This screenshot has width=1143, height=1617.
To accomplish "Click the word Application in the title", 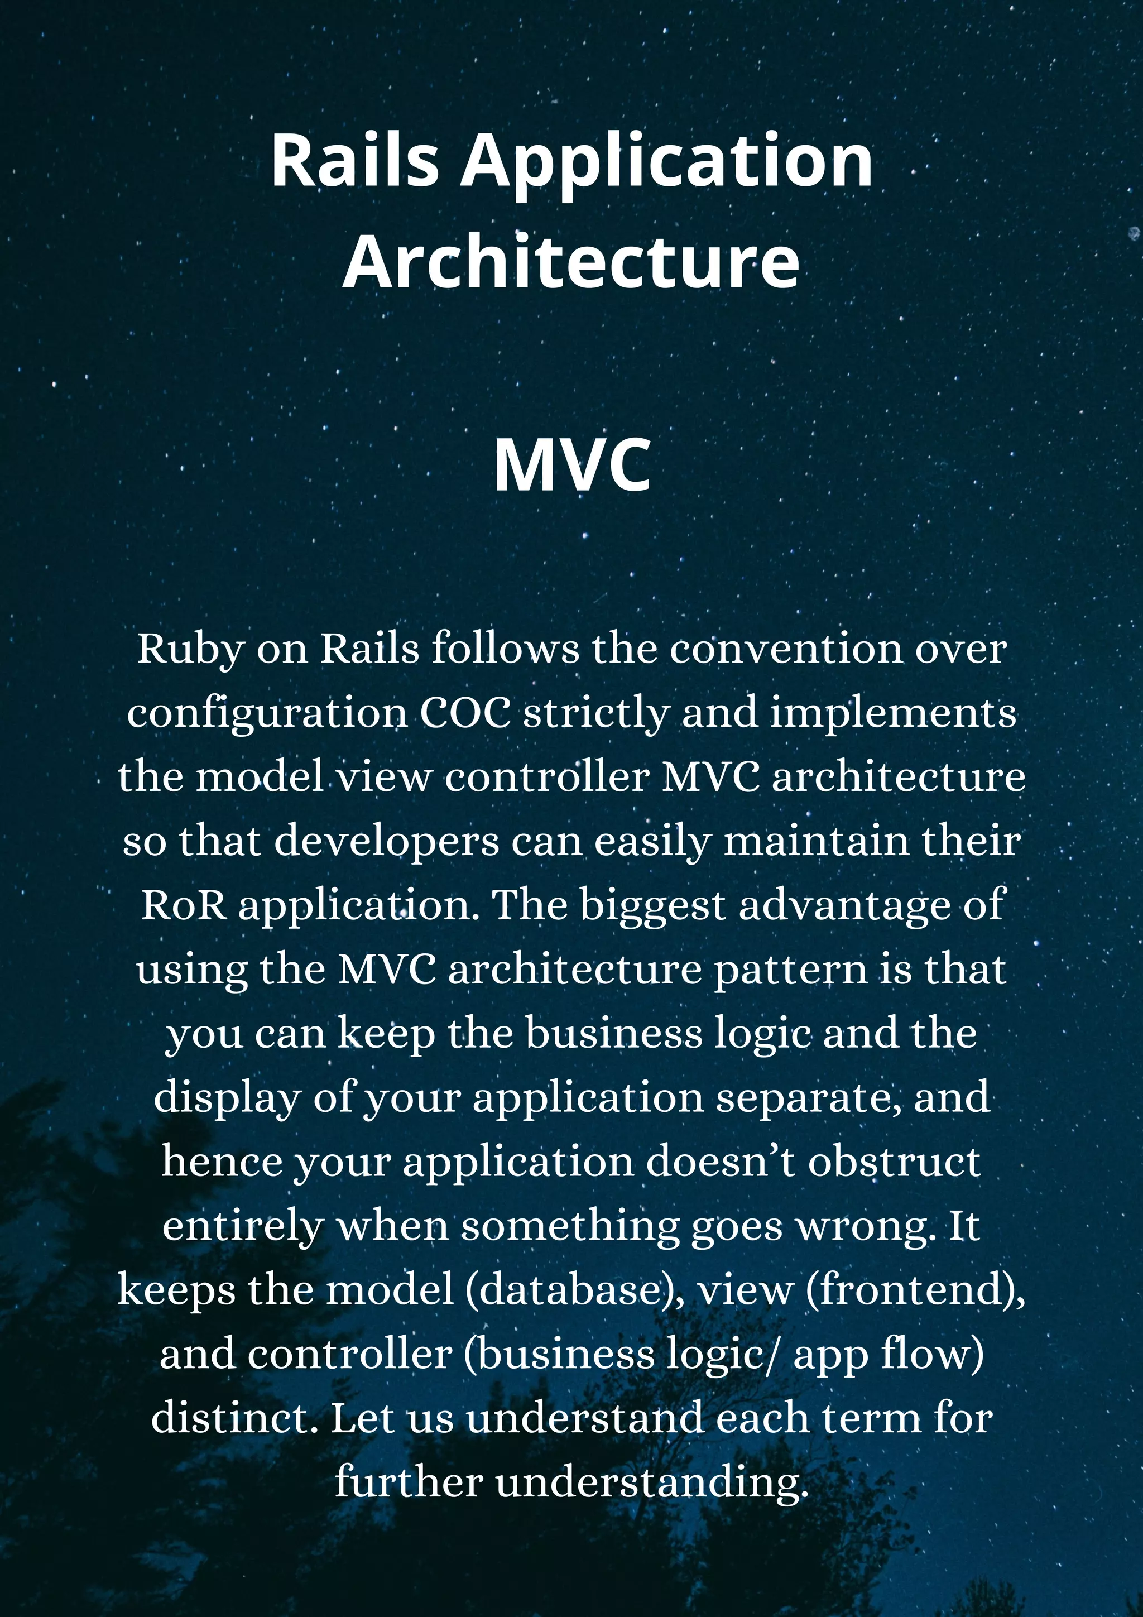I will pyautogui.click(x=666, y=162).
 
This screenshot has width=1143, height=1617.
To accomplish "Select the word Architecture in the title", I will pyautogui.click(x=571, y=261).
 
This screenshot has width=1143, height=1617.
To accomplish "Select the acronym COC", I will pyautogui.click(x=465, y=713).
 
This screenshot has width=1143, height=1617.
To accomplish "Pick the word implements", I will pyautogui.click(x=893, y=713).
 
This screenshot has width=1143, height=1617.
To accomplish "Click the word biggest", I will pyautogui.click(x=652, y=906).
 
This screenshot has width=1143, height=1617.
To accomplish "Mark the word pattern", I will pyautogui.click(x=790, y=970).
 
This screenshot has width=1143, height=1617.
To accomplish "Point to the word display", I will pyautogui.click(x=227, y=1098).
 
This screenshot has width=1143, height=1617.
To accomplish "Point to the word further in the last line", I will pyautogui.click(x=409, y=1482).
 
